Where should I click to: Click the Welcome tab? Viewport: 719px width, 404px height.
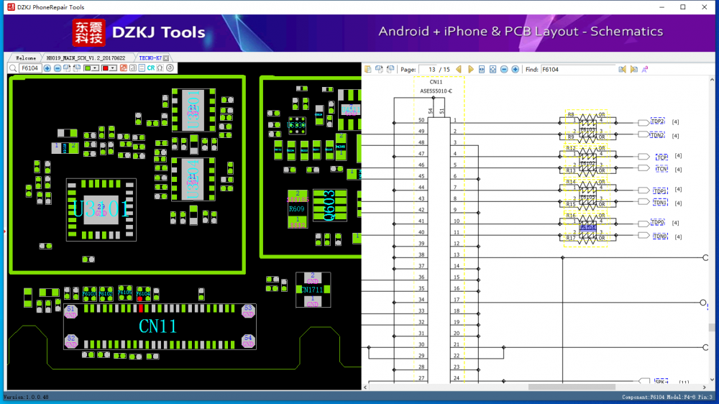click(x=26, y=58)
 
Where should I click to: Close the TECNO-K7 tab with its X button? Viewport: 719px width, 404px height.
click(x=166, y=58)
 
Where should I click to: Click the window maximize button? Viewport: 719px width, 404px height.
click(x=683, y=7)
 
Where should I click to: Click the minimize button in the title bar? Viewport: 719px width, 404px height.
click(x=662, y=7)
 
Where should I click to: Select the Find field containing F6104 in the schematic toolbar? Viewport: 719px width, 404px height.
click(x=578, y=70)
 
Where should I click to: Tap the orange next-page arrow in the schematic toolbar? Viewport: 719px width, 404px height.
click(x=471, y=70)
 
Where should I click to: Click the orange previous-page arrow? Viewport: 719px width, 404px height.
click(x=459, y=70)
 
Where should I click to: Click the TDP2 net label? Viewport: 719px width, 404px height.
click(x=658, y=121)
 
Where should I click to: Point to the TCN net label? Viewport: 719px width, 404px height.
click(x=661, y=169)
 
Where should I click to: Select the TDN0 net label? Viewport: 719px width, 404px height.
click(x=659, y=236)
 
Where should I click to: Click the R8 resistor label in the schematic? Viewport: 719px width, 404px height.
click(x=571, y=115)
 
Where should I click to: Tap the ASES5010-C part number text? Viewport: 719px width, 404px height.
click(x=436, y=91)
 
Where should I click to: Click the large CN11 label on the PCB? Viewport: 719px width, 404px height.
click(x=157, y=326)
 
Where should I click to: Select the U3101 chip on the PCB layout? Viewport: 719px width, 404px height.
click(x=101, y=210)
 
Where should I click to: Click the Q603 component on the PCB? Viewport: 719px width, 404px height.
click(x=330, y=206)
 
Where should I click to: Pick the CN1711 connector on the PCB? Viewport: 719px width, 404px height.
click(x=313, y=290)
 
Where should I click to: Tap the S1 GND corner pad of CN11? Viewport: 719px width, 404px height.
click(x=70, y=311)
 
